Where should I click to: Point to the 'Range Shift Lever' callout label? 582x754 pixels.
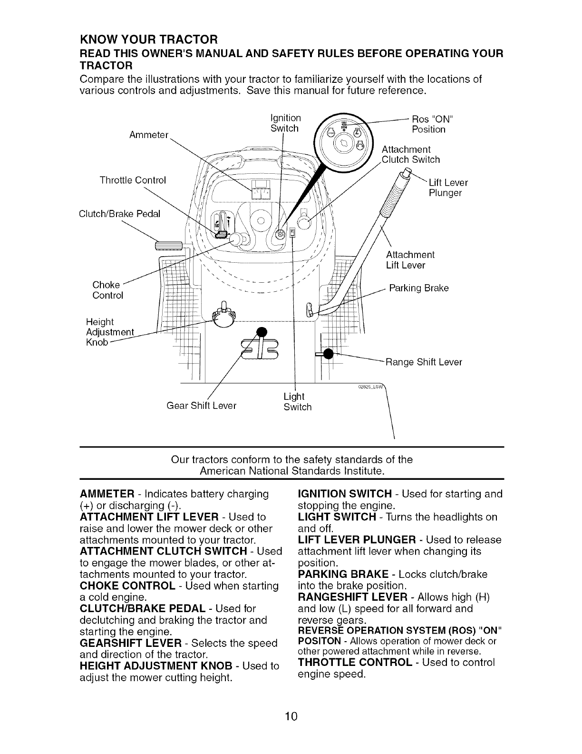click(x=424, y=362)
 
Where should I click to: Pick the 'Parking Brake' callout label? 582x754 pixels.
click(x=419, y=288)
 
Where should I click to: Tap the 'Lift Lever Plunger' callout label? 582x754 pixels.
click(x=447, y=188)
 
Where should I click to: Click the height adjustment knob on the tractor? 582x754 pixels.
click(x=224, y=316)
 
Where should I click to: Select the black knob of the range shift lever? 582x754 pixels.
click(x=327, y=354)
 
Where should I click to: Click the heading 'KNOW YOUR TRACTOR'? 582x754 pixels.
click(x=149, y=38)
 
